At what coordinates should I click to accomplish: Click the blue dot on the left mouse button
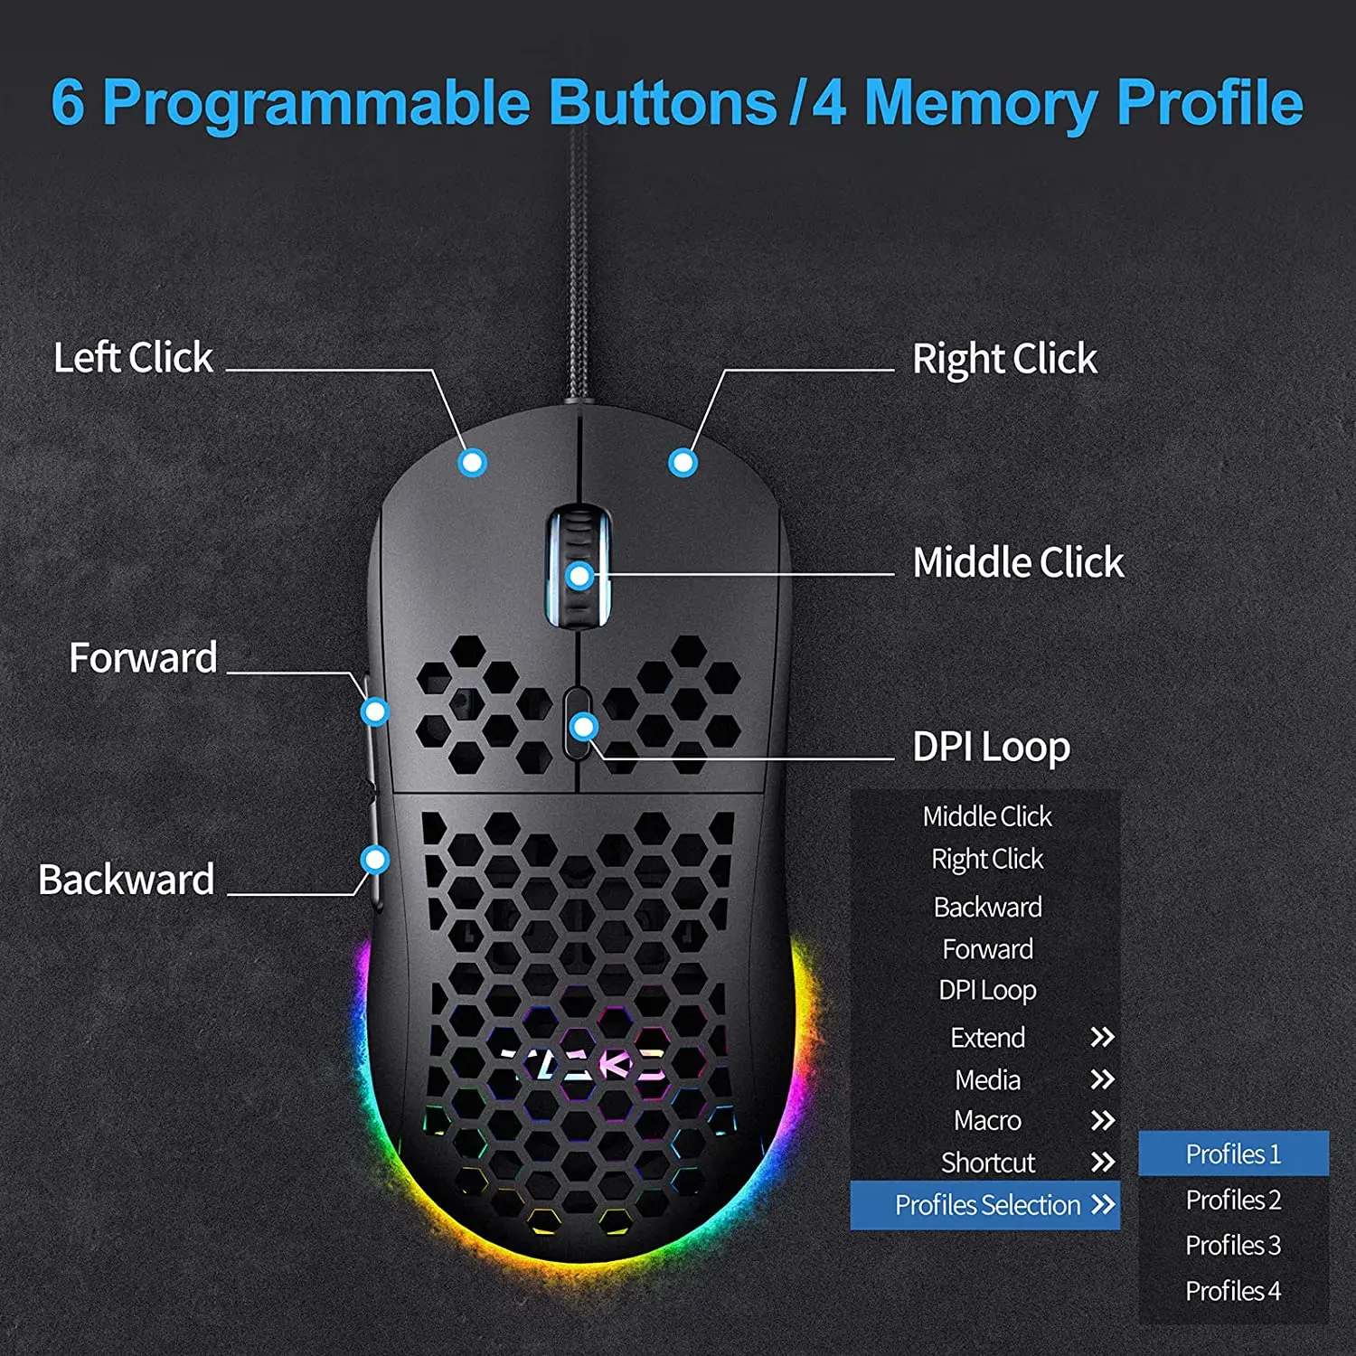(x=472, y=463)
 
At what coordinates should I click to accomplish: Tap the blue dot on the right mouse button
(x=683, y=463)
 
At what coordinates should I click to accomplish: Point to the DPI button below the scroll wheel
(x=578, y=723)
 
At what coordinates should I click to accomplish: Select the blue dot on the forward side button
(x=374, y=711)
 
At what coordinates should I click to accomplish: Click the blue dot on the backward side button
(x=374, y=859)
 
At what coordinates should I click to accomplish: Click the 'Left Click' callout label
(x=133, y=357)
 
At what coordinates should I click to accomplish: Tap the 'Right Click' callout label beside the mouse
(x=1004, y=359)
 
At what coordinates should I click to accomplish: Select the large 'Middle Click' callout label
(x=1018, y=562)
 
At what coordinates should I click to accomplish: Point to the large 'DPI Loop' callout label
(x=992, y=748)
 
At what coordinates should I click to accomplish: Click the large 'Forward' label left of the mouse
(x=143, y=657)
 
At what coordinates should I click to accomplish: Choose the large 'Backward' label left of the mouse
(x=127, y=880)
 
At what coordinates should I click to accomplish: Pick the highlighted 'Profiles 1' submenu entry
(x=1233, y=1154)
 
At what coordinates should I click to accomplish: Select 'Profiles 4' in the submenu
(x=1233, y=1291)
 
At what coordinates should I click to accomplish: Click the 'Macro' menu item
(x=987, y=1121)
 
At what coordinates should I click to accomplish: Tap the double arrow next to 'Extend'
(x=1102, y=1037)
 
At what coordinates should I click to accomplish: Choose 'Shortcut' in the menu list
(x=988, y=1163)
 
